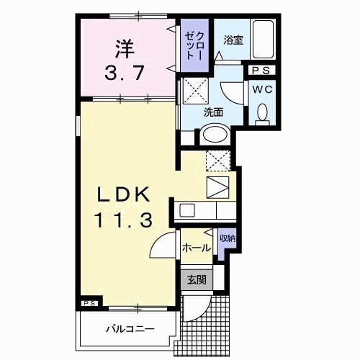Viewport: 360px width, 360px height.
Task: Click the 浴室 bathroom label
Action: pyautogui.click(x=233, y=40)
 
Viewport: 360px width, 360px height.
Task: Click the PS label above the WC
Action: pyautogui.click(x=260, y=71)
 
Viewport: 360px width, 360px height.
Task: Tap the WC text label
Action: pyautogui.click(x=260, y=91)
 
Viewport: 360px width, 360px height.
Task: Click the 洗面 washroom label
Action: pyautogui.click(x=212, y=112)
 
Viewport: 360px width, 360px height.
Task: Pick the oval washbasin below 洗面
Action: pyautogui.click(x=214, y=133)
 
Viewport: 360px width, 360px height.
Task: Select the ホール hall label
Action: pyautogui.click(x=197, y=248)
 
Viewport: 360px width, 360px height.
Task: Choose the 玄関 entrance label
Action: pyautogui.click(x=197, y=279)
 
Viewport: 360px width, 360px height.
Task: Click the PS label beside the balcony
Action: pyautogui.click(x=89, y=304)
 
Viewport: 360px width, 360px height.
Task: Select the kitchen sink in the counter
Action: pyautogui.click(x=186, y=211)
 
